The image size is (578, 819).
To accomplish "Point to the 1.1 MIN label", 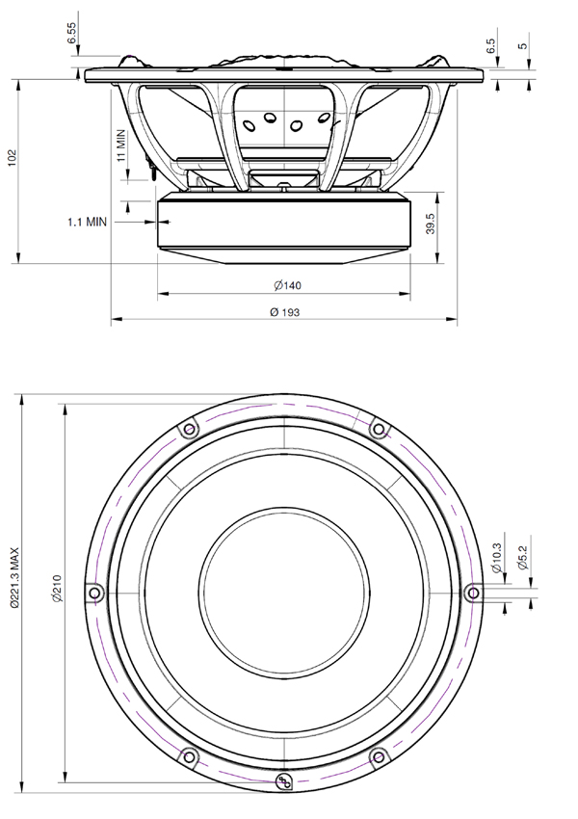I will [x=87, y=222].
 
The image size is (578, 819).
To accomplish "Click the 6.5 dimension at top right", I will [x=492, y=48].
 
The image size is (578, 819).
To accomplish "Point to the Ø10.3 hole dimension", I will [x=495, y=559].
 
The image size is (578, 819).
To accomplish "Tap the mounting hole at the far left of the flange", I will [x=93, y=592].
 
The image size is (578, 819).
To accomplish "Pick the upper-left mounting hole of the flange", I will [x=188, y=428].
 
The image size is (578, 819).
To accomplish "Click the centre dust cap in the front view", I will [x=282, y=591].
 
